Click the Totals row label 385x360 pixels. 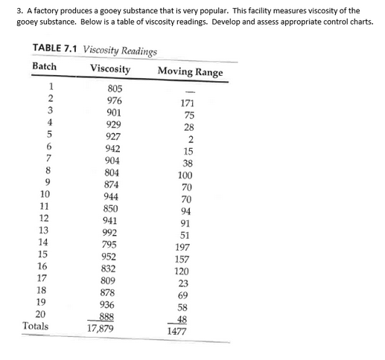pyautogui.click(x=36, y=325)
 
